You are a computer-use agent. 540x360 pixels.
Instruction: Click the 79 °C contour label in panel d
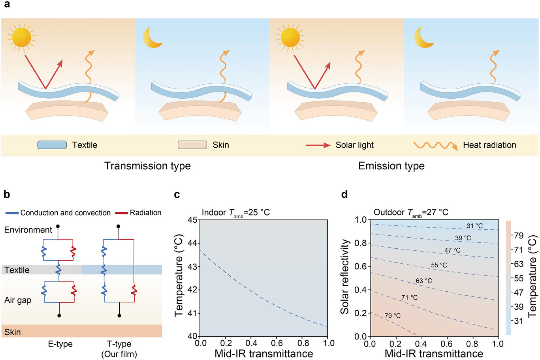(393, 316)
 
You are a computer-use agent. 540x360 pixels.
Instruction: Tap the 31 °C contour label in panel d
(474, 226)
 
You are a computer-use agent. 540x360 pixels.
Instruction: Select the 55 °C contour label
(439, 265)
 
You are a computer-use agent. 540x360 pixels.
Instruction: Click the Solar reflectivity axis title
(345, 276)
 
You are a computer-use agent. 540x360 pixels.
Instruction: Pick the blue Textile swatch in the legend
(52, 145)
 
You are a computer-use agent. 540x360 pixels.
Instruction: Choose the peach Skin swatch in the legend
(192, 145)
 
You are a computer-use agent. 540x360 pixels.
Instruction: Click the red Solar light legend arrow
(318, 145)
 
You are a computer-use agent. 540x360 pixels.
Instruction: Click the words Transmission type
(147, 166)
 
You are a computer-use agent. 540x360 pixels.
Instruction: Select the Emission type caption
(391, 166)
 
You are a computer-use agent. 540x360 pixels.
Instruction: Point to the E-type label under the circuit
(60, 344)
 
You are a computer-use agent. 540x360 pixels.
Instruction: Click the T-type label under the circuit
(119, 344)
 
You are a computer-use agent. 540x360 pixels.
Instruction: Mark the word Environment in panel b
(28, 230)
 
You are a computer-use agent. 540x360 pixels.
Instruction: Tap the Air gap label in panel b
(18, 300)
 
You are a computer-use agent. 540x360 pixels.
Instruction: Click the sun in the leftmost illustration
(21, 37)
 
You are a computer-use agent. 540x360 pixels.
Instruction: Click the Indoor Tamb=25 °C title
(235, 212)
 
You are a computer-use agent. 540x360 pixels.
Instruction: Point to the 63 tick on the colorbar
(518, 264)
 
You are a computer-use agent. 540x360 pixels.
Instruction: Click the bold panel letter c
(177, 194)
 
